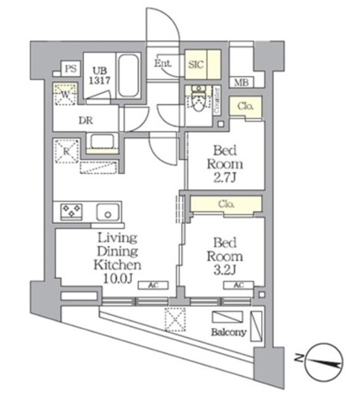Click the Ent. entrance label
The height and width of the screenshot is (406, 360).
pyautogui.click(x=164, y=63)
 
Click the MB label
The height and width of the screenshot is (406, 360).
pyautogui.click(x=241, y=82)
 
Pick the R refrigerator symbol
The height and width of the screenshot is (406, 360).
pyautogui.click(x=65, y=151)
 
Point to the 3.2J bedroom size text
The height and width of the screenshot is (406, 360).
pyautogui.click(x=226, y=269)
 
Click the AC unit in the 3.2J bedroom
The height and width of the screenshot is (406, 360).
pyautogui.click(x=238, y=285)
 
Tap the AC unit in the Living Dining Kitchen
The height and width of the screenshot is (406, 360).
pyautogui.click(x=152, y=285)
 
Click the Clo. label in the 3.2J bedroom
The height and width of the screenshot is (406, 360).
pyautogui.click(x=228, y=204)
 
